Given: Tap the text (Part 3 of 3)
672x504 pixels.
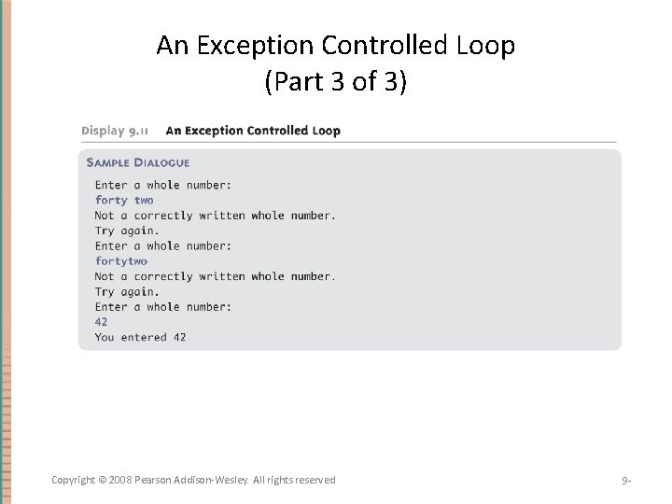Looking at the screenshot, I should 336,82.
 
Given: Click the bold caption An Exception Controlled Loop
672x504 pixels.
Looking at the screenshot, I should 253,131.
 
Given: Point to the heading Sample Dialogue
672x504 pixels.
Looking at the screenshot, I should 138,162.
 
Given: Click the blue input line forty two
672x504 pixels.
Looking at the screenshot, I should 124,200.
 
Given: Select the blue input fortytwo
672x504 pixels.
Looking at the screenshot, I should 121,261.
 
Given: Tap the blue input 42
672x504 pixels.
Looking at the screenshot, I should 102,322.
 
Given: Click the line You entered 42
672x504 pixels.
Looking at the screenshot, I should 140,337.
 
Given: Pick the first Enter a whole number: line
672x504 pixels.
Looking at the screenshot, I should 163,185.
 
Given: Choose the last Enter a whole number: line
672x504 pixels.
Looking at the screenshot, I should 163,307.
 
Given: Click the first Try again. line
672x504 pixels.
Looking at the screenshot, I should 127,231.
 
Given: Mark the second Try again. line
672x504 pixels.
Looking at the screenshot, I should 127,292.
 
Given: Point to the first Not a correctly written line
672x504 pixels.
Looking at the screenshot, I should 215,216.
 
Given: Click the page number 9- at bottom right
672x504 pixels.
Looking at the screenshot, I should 626,481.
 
